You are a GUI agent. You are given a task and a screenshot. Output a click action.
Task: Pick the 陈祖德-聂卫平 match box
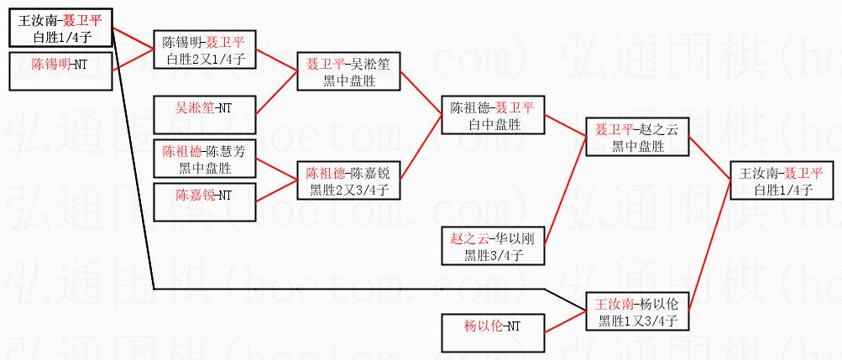(492, 115)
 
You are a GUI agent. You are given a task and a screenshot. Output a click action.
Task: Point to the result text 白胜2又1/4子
(204, 59)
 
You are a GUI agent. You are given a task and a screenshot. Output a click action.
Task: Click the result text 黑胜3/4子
(493, 254)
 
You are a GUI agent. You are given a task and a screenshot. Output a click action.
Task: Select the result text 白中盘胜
(492, 123)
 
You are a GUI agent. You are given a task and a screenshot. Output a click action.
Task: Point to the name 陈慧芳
(227, 152)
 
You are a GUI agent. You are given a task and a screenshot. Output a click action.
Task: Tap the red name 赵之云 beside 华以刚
(468, 238)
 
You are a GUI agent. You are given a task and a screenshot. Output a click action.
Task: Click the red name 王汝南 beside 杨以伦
(614, 304)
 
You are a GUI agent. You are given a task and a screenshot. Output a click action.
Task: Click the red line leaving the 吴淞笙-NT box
(277, 89)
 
